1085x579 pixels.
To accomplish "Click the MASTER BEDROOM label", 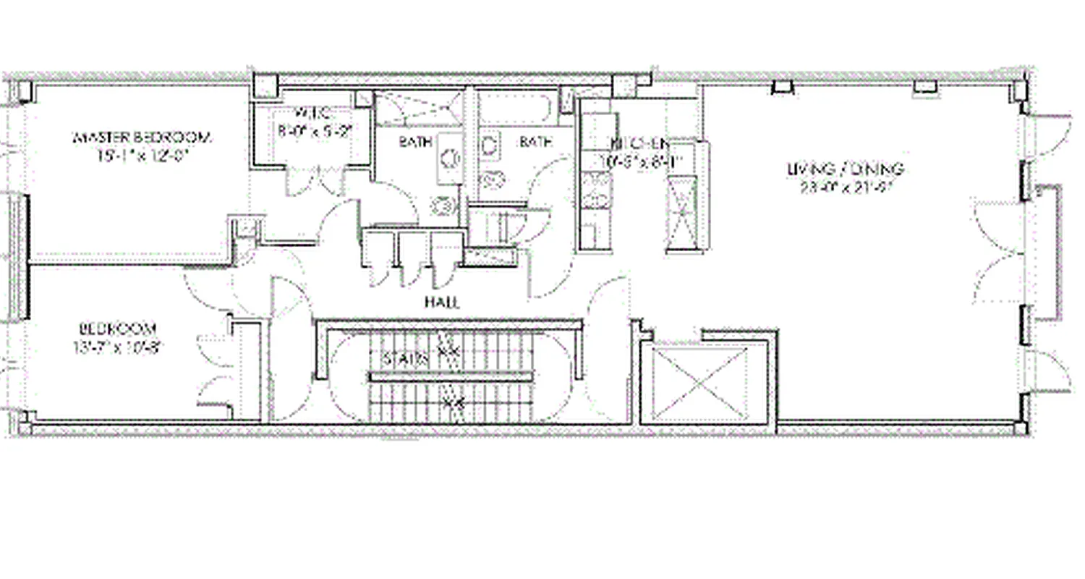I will [142, 137].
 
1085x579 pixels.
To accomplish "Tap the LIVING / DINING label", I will [846, 169].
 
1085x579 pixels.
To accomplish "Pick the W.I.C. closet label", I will [313, 114].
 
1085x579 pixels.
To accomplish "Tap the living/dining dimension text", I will [846, 187].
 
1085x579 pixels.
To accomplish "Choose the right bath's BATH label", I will [535, 143].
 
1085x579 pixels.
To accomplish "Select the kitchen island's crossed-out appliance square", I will [683, 214].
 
